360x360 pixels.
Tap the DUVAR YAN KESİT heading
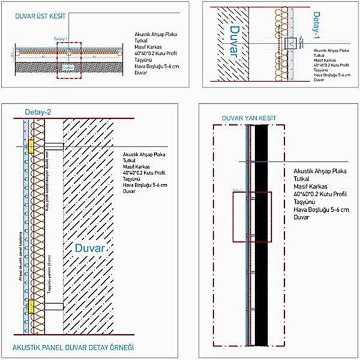(x=248, y=118)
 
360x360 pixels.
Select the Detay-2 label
(x=38, y=112)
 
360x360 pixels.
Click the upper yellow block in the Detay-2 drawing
(x=29, y=146)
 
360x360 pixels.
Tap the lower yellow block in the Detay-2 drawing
(x=29, y=307)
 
